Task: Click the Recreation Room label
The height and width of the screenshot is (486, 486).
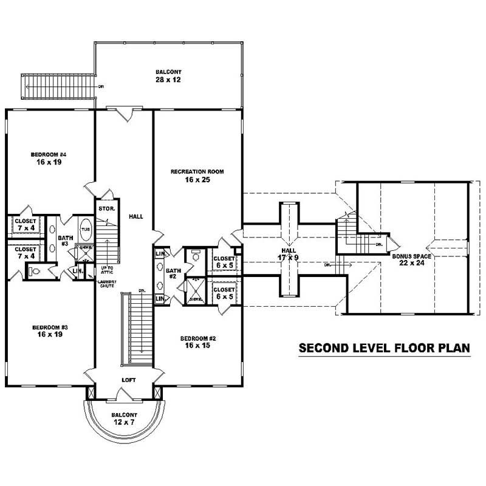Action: pos(197,172)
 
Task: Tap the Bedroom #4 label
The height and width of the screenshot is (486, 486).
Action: pos(49,155)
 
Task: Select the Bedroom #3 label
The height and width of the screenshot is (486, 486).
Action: pos(50,328)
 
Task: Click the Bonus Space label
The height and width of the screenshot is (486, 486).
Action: pos(411,256)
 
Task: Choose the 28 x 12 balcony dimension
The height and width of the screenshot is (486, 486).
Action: pos(168,80)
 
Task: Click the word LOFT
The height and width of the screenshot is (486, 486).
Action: pos(128,380)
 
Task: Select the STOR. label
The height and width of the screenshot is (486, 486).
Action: pos(106,209)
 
